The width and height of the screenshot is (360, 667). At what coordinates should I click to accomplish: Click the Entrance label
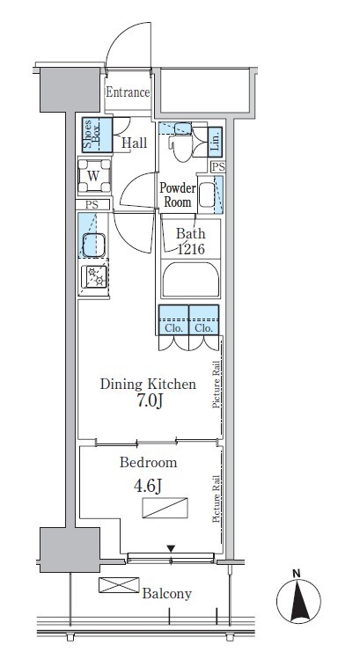(x=128, y=92)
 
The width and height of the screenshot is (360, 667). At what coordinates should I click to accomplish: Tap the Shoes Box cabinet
(x=97, y=135)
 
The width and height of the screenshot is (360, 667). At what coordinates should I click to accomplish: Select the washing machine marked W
(x=94, y=175)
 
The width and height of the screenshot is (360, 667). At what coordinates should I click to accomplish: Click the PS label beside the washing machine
(x=92, y=205)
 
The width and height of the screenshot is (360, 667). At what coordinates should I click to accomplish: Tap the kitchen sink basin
(x=93, y=245)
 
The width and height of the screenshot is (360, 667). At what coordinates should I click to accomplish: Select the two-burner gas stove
(x=94, y=276)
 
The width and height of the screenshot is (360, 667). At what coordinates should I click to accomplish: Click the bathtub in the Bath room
(x=191, y=280)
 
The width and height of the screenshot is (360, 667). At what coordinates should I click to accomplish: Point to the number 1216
(x=191, y=249)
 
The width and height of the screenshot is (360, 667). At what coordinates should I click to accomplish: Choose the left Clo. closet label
(x=173, y=328)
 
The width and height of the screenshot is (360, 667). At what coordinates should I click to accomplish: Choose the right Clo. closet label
(x=204, y=328)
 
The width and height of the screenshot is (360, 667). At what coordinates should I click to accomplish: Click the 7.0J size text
(x=150, y=401)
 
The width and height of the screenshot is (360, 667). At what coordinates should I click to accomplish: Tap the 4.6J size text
(x=148, y=486)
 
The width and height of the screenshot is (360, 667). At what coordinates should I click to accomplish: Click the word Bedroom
(x=148, y=462)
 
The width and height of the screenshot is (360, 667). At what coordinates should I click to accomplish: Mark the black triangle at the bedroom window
(x=171, y=549)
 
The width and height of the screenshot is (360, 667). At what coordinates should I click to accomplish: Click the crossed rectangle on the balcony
(x=119, y=585)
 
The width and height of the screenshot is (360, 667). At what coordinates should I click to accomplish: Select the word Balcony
(x=167, y=594)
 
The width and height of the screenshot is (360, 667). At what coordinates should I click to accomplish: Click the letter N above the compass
(x=297, y=574)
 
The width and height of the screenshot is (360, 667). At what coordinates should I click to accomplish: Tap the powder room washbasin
(x=207, y=194)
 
